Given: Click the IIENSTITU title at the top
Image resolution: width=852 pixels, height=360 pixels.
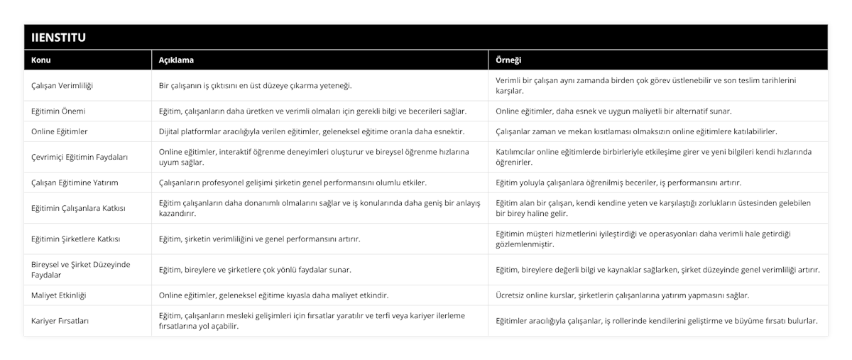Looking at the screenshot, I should [x=60, y=37].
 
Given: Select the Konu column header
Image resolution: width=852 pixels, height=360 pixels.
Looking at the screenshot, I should [x=41, y=60].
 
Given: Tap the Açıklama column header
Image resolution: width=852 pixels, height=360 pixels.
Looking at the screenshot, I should [x=176, y=60].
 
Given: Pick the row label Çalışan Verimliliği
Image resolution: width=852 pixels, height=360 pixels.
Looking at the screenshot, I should [x=62, y=86].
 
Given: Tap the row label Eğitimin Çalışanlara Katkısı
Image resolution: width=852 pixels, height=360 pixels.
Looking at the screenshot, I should [x=78, y=208].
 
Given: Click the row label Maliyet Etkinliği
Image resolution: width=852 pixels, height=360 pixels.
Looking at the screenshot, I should [x=60, y=295].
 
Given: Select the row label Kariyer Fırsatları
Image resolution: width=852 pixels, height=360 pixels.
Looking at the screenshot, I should [x=60, y=321].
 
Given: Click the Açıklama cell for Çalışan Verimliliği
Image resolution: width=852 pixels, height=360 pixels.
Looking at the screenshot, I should [x=256, y=86].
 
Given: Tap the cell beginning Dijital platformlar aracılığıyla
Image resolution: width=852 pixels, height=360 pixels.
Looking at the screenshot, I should [x=311, y=131].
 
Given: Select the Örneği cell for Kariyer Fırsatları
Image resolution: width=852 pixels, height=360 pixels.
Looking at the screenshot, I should [x=657, y=321].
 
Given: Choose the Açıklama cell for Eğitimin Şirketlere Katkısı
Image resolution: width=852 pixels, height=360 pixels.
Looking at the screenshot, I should [x=259, y=239].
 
